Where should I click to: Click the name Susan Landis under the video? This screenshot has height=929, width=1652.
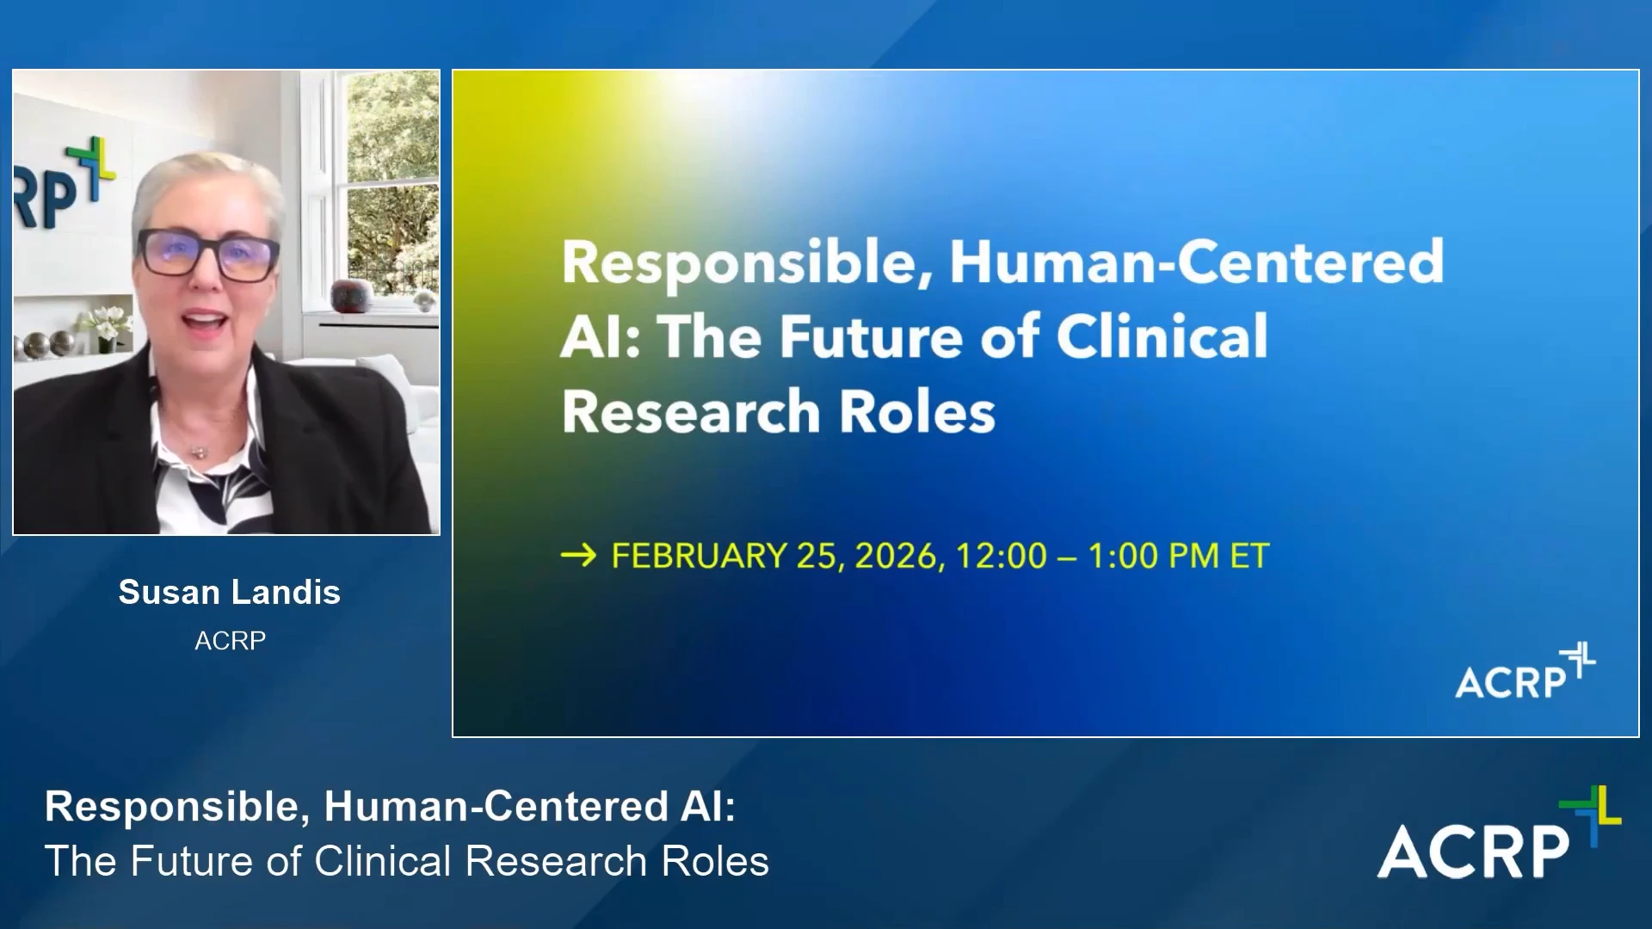[230, 592]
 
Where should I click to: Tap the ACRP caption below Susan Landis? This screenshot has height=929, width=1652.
[230, 640]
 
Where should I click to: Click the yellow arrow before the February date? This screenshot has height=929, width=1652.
[578, 556]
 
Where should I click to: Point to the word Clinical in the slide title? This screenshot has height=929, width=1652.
[1162, 335]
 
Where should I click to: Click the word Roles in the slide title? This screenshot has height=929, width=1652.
[917, 411]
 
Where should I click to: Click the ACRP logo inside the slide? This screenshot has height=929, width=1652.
[1525, 671]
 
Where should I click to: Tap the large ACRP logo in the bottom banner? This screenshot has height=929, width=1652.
[1499, 833]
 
